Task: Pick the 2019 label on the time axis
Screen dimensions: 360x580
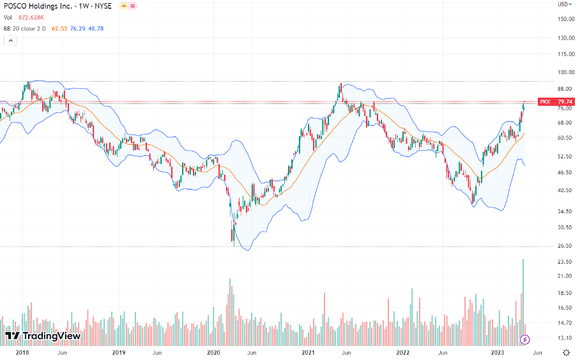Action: click(x=119, y=352)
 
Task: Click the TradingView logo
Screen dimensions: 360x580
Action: click(x=43, y=335)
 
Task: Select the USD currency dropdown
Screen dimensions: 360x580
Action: click(x=564, y=4)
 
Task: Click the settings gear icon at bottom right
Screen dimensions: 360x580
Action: click(x=566, y=352)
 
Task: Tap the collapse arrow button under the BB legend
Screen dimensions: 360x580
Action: click(x=10, y=40)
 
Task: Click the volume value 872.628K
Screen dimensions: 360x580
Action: click(x=30, y=17)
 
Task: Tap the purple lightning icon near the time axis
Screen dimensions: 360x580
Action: click(x=525, y=339)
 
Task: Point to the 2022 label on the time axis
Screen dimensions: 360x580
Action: click(x=402, y=352)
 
